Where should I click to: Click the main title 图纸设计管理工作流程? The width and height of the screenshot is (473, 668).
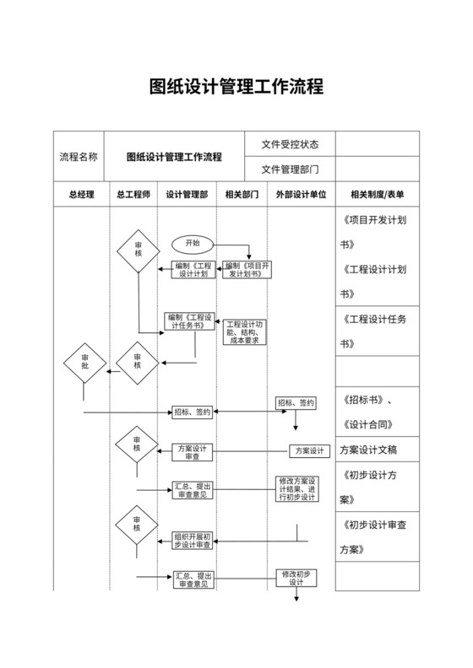(x=236, y=87)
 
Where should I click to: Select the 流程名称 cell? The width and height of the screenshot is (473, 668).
(x=78, y=157)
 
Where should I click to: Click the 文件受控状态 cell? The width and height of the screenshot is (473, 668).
(x=290, y=144)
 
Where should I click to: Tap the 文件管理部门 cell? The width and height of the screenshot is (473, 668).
(x=290, y=169)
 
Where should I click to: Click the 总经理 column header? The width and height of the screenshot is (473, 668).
(x=81, y=195)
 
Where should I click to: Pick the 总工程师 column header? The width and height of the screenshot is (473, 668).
(x=133, y=195)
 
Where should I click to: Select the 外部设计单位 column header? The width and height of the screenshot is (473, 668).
(x=301, y=195)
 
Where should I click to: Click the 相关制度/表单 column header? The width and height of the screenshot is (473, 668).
(x=377, y=195)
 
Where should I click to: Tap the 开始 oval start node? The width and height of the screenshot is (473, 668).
(x=193, y=243)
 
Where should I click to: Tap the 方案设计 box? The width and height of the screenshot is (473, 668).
(x=310, y=451)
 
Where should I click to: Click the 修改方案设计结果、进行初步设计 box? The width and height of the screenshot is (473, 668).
(x=296, y=488)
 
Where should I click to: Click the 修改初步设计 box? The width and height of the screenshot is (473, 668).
(x=296, y=578)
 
